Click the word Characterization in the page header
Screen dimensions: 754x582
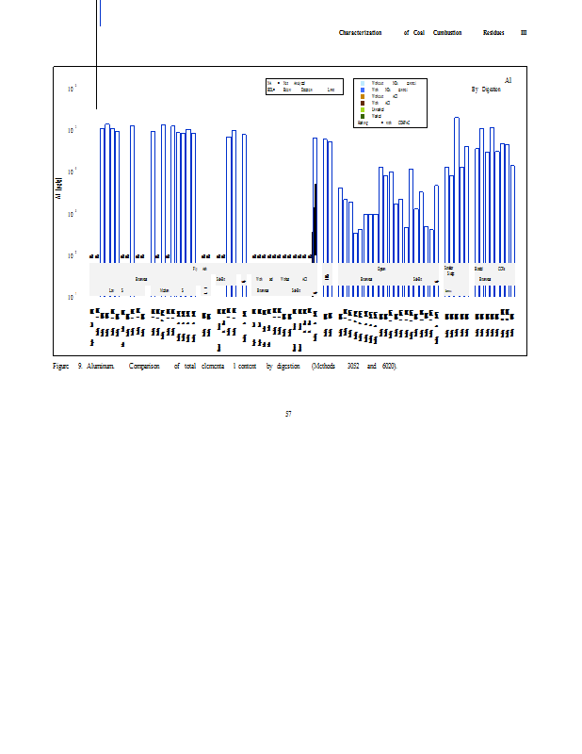pyautogui.click(x=360, y=33)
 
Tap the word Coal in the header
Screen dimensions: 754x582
pyautogui.click(x=419, y=33)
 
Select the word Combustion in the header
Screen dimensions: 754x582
pyautogui.click(x=447, y=33)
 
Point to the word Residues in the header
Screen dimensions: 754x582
pyautogui.click(x=494, y=33)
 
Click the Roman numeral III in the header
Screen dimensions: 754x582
pyautogui.click(x=524, y=33)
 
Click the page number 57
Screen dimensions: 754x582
pyautogui.click(x=288, y=413)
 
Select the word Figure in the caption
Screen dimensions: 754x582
pyautogui.click(x=60, y=365)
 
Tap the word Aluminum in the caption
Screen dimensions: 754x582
pyautogui.click(x=101, y=365)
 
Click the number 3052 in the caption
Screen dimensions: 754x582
pyautogui.click(x=353, y=365)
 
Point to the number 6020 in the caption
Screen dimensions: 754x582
pyautogui.click(x=389, y=365)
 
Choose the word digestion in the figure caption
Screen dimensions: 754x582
pyautogui.click(x=288, y=365)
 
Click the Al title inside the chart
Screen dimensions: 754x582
pyautogui.click(x=508, y=81)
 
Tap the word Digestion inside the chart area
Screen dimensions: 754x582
pyautogui.click(x=492, y=89)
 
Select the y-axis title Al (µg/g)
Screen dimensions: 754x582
pyautogui.click(x=59, y=188)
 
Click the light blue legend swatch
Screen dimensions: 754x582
pyautogui.click(x=363, y=83)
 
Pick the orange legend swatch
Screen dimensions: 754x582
pyautogui.click(x=363, y=96)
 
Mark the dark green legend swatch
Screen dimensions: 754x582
pyautogui.click(x=363, y=116)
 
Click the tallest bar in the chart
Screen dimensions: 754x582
pyautogui.click(x=457, y=188)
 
